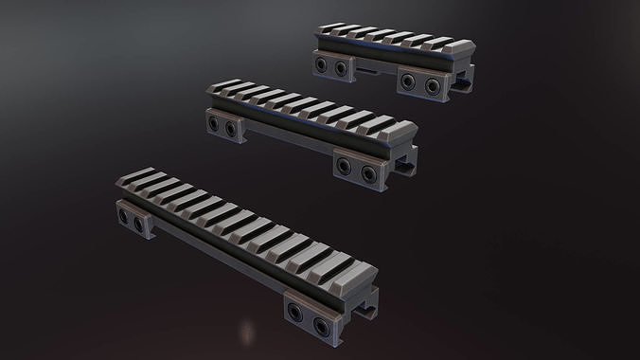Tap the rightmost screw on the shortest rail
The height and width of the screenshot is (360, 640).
tap(434, 86)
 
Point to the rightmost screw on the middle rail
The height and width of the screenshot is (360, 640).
tap(370, 171)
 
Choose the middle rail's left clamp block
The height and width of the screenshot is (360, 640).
tap(221, 123)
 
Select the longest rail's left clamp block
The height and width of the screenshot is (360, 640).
tap(133, 222)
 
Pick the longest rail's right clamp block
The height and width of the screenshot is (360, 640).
tap(309, 296)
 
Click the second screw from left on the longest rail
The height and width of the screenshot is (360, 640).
tap(142, 225)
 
